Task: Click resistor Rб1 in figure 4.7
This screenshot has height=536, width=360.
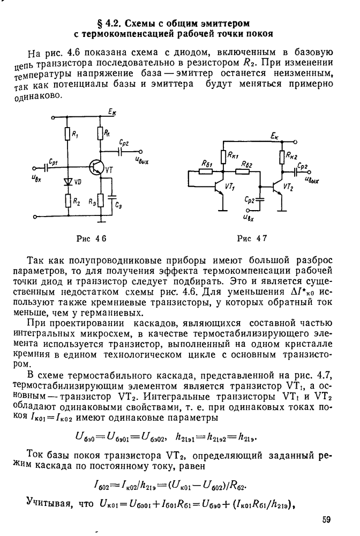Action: point(208,171)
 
